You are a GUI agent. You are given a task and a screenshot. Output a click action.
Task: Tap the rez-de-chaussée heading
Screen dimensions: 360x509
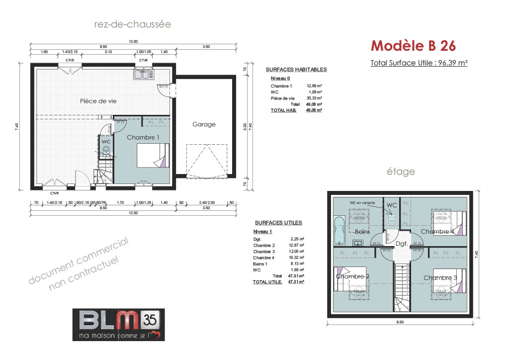(133, 24)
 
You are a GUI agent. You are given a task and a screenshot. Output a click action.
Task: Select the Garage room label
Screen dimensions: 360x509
(204, 124)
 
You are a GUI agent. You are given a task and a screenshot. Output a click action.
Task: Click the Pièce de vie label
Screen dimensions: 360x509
(98, 101)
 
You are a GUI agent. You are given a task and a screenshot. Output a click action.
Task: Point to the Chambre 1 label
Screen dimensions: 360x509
(143, 137)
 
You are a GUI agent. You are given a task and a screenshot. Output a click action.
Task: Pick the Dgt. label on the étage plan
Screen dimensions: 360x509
(402, 244)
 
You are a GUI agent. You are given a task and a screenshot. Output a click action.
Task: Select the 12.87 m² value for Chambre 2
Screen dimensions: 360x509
(297, 245)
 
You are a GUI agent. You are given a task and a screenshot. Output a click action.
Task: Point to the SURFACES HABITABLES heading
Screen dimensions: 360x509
(296, 70)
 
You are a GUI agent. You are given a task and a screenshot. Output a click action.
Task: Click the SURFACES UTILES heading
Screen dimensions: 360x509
(278, 223)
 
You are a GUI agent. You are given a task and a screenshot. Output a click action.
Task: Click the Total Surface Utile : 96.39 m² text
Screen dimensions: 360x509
(419, 63)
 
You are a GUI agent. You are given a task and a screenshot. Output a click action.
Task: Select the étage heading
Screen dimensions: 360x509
(401, 172)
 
